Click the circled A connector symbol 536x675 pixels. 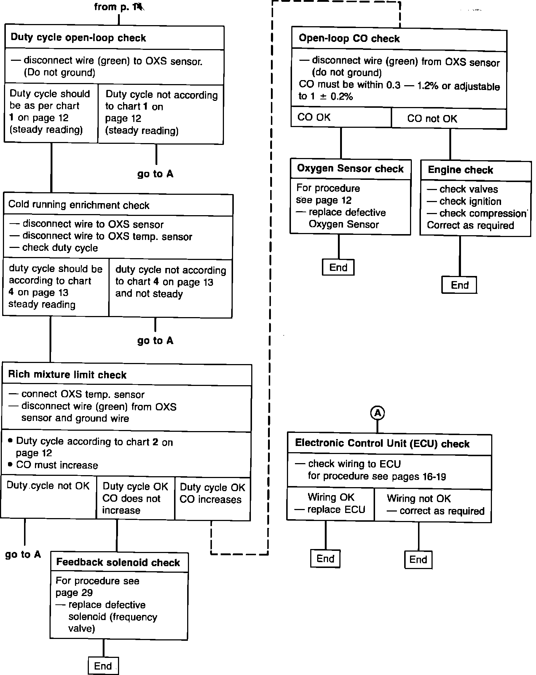coord(378,413)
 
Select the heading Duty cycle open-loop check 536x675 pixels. coord(78,38)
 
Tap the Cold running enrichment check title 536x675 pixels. coord(79,205)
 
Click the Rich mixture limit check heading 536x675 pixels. coord(67,375)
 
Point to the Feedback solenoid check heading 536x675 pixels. coord(118,562)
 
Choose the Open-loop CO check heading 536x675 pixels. coord(349,39)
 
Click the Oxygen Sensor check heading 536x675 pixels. coord(350,169)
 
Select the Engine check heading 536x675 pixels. coord(460,170)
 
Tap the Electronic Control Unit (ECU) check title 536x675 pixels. coord(382,443)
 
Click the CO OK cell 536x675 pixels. coord(314,117)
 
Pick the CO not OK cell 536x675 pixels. coord(432,119)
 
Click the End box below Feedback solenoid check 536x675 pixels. coord(103,666)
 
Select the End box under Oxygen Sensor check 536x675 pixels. coord(338,268)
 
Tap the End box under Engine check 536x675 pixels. coord(460,285)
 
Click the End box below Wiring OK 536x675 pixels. coord(325,558)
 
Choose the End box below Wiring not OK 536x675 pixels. coord(418,559)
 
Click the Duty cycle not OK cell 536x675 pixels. coord(48,486)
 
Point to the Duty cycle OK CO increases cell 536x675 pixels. coord(212,493)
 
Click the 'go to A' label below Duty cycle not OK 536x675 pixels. coord(23,554)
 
